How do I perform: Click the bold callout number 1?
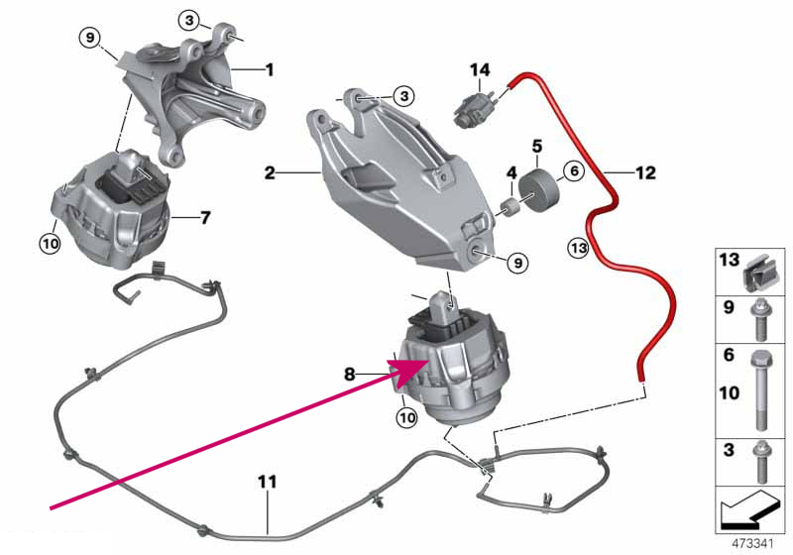270,69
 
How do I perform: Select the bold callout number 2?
270,172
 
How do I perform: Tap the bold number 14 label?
480,69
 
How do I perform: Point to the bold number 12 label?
645,172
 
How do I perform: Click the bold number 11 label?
268,482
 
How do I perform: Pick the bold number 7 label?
205,218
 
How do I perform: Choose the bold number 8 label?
350,374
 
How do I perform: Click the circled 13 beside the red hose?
578,248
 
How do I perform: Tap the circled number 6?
574,171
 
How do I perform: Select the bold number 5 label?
537,146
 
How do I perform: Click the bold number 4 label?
511,172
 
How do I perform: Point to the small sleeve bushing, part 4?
509,207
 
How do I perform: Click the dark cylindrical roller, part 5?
539,191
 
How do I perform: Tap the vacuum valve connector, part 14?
476,108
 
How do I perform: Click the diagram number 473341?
753,544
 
